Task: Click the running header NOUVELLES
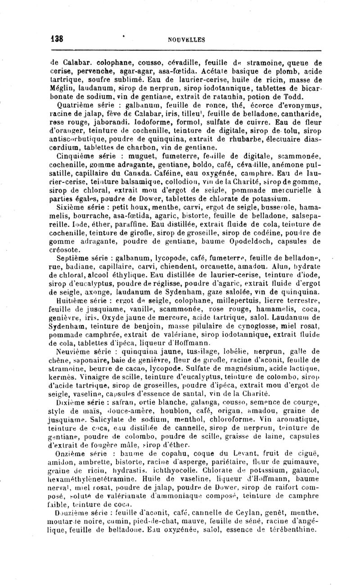pyautogui.click(x=186, y=40)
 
